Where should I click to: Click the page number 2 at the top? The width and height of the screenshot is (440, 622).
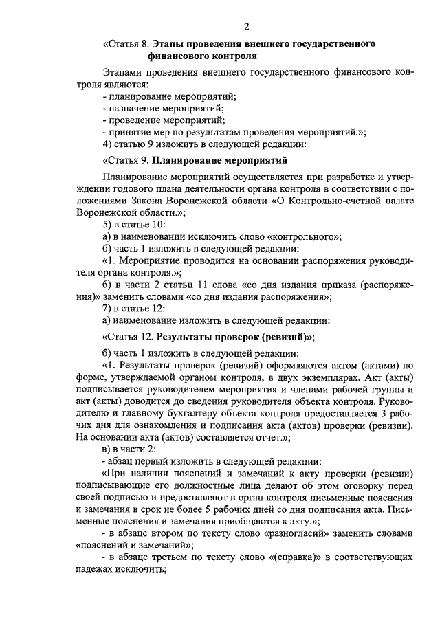click(245, 27)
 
